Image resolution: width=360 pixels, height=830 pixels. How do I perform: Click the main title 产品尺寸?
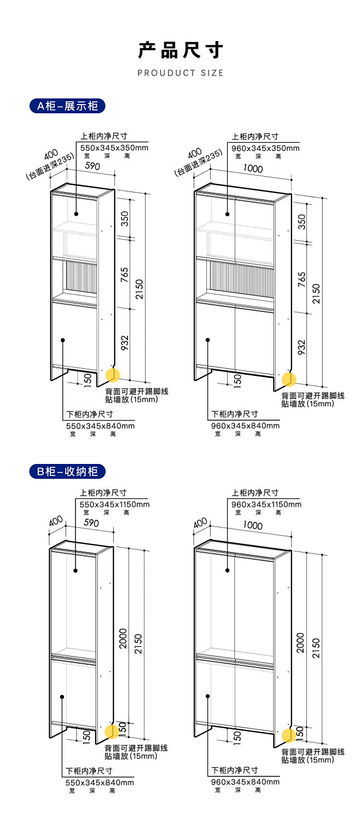(181, 50)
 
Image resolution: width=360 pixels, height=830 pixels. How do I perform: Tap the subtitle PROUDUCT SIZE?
(181, 73)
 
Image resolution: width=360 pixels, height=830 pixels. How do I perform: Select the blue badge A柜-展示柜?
(67, 106)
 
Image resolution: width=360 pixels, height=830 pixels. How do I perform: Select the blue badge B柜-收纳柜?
(67, 471)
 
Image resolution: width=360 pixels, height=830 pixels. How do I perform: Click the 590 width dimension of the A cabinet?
(92, 166)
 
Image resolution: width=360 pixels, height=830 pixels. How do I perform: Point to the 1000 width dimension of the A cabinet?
(253, 169)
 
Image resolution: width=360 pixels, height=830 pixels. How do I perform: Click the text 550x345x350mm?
(114, 148)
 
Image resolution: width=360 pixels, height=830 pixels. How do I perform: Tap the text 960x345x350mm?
(265, 148)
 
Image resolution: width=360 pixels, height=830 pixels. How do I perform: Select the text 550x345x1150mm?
(114, 504)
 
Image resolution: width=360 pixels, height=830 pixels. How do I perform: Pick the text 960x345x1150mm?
(266, 504)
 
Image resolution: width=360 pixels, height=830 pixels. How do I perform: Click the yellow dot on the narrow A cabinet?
(113, 375)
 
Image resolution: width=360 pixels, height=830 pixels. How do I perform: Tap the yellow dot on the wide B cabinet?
(288, 735)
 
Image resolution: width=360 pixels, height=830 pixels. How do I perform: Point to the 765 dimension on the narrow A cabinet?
(124, 275)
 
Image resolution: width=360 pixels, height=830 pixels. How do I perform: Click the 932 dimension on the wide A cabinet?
(302, 347)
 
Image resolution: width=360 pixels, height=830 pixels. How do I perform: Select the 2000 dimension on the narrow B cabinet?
(123, 639)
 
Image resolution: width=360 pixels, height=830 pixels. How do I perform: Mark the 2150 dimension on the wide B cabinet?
(316, 648)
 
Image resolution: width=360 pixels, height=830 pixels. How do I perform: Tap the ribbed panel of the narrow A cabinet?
(82, 277)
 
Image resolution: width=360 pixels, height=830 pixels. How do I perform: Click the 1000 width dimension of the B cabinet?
(253, 525)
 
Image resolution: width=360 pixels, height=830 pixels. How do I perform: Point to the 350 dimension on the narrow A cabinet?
(125, 219)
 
